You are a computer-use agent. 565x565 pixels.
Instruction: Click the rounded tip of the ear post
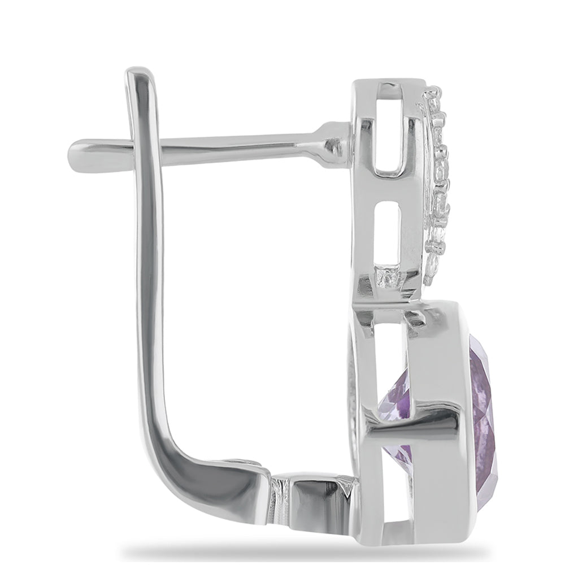(x=73, y=151)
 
